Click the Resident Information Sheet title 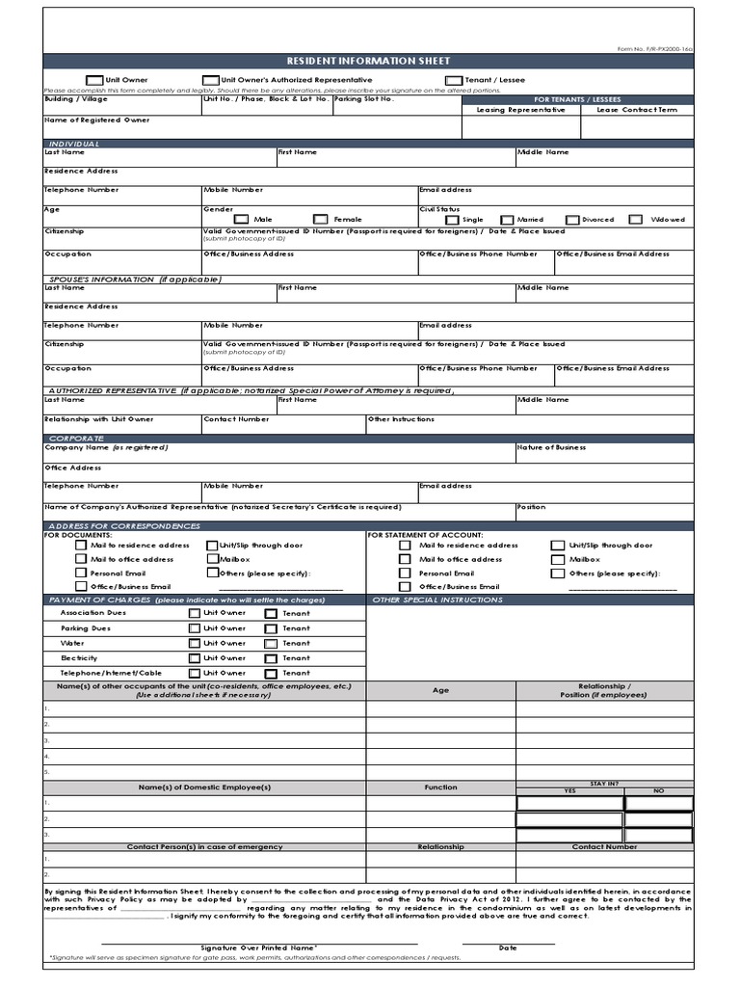tap(369, 61)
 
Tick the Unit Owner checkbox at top tap(93, 81)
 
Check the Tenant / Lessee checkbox tap(453, 81)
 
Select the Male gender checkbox tap(241, 220)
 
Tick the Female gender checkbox tap(321, 220)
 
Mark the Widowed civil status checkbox tap(635, 220)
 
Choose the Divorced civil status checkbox tap(572, 220)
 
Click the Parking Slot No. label tap(363, 99)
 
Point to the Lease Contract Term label tap(636, 110)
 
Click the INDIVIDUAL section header tap(74, 144)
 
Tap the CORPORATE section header tap(76, 439)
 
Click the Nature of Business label tap(551, 447)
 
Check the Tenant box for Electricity tap(271, 658)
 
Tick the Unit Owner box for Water tap(195, 643)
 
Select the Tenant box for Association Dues tap(271, 613)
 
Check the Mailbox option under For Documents tap(212, 559)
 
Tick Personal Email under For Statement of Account tap(406, 574)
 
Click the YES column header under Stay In tap(568, 790)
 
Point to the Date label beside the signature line tap(508, 948)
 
